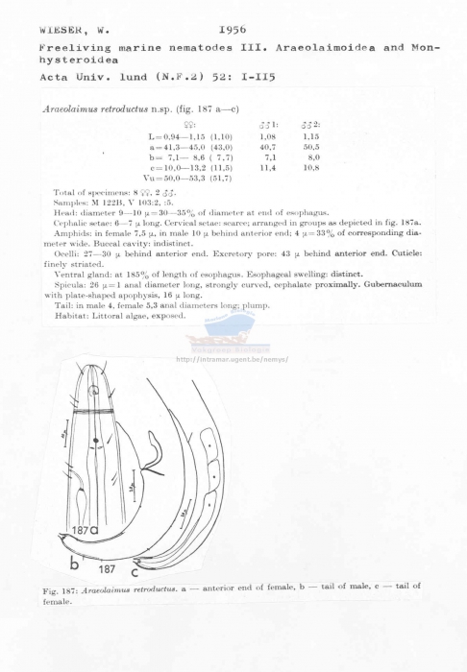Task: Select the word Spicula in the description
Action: (67, 287)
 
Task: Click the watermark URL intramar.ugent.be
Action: (233, 359)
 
